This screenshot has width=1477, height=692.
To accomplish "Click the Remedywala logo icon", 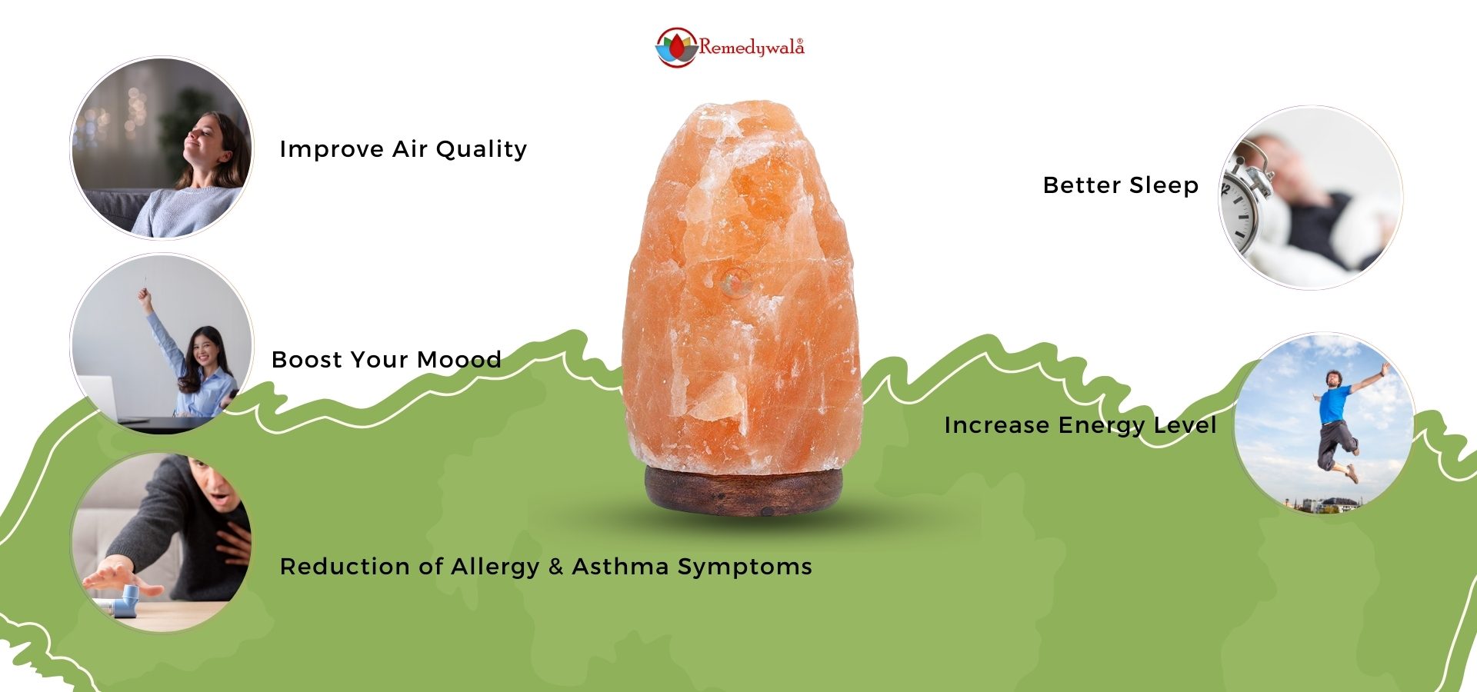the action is [x=676, y=48].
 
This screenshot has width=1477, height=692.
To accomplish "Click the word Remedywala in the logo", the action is [x=752, y=47].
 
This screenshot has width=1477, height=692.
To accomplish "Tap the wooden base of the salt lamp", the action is [x=743, y=489].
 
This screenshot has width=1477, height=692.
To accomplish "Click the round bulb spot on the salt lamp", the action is [x=734, y=283].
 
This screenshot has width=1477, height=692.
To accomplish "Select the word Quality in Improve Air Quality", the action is [x=482, y=150].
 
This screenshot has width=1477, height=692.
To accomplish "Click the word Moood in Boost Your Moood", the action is [x=459, y=360].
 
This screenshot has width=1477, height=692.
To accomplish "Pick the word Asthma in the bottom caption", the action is [x=621, y=567].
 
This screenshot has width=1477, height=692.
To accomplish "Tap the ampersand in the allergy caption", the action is [x=556, y=567].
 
